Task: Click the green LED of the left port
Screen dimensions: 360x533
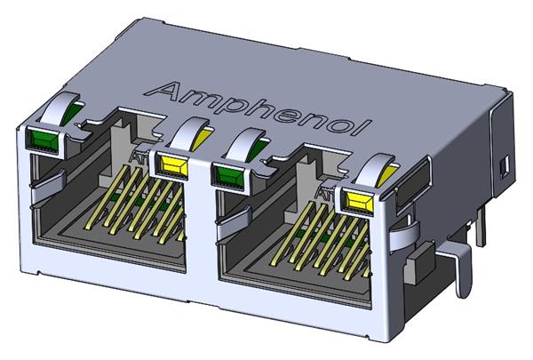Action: pos(44,140)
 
